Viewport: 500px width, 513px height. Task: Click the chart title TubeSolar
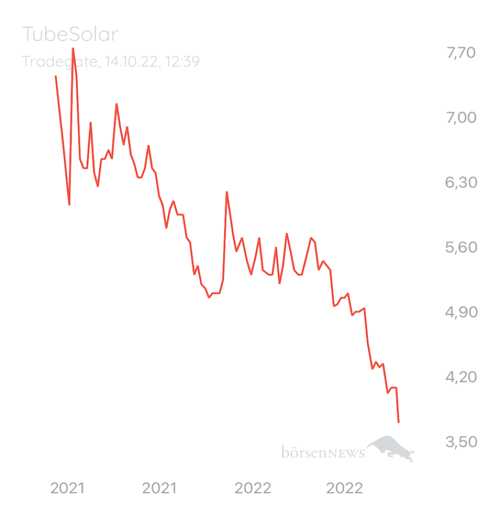click(70, 35)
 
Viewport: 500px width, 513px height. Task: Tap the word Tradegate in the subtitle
click(59, 62)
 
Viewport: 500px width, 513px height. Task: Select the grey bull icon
click(391, 448)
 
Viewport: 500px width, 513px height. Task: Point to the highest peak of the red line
click(73, 48)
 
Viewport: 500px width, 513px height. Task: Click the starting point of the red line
click(56, 76)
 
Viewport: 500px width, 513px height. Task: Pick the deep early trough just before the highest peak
click(69, 205)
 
